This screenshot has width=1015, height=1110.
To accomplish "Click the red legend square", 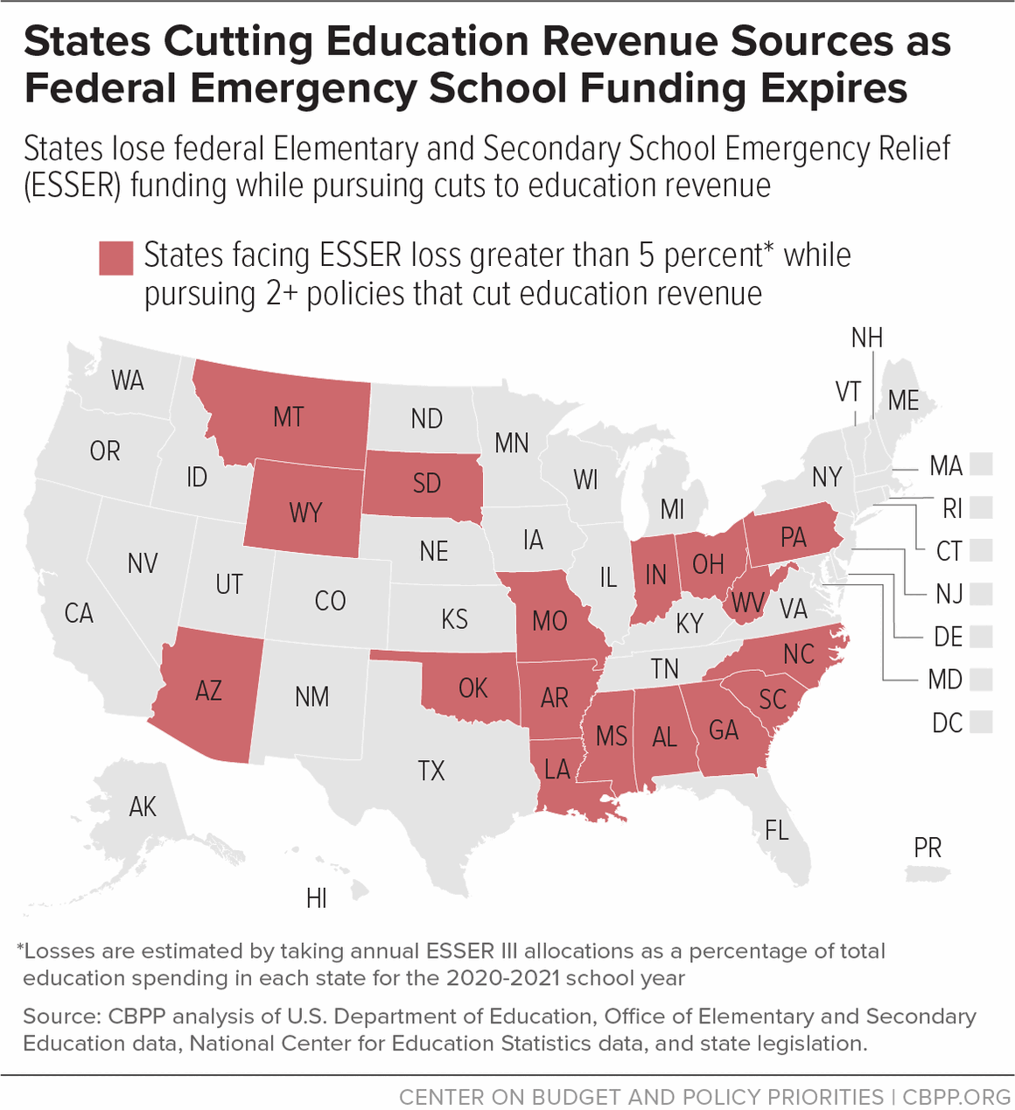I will [115, 258].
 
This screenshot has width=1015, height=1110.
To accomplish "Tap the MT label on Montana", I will [289, 416].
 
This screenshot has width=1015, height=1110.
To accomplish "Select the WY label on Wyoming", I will [305, 512].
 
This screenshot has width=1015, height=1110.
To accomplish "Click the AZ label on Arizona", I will [208, 691].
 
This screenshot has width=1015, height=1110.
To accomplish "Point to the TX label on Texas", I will [430, 771].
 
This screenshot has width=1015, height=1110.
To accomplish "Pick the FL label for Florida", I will [776, 829].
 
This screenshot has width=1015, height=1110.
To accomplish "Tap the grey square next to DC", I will [982, 723].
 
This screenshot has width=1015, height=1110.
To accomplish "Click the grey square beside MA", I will [982, 464].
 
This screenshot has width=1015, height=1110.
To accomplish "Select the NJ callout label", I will [948, 594].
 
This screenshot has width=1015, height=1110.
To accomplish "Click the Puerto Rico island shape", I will [927, 873].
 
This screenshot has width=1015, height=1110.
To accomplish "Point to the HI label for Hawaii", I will [317, 898].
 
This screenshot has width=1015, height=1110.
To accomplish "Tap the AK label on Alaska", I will [143, 806].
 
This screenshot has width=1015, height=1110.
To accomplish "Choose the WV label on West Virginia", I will [747, 603].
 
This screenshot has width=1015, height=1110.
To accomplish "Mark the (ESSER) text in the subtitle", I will [72, 186].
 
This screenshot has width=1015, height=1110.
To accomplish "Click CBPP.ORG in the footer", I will [956, 1097].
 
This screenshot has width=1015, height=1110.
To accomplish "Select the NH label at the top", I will [866, 338].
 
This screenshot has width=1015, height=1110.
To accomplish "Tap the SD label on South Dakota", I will [426, 483].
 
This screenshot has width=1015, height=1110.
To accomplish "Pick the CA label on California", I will [79, 613].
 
